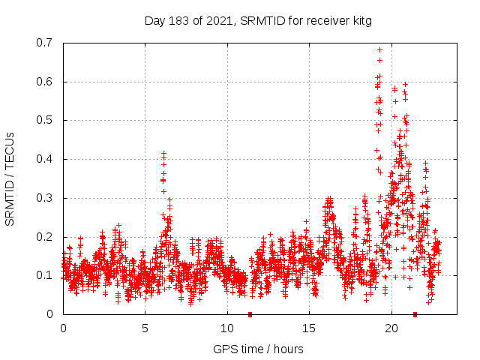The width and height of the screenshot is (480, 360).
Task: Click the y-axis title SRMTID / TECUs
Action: pos(10,178)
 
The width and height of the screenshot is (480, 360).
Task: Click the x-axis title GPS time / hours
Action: pos(258,349)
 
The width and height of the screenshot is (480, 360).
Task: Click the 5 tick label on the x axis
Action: pos(145,328)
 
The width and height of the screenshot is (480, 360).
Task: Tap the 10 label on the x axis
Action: pos(227,328)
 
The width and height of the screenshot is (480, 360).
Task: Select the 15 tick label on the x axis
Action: pos(310,328)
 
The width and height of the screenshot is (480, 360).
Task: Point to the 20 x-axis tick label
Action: pos(392,328)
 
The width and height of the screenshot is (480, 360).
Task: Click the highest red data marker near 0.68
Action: pos(379,50)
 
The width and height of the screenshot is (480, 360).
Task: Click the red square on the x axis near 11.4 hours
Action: pos(250,314)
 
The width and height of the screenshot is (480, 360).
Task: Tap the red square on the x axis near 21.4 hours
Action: pos(415,314)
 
